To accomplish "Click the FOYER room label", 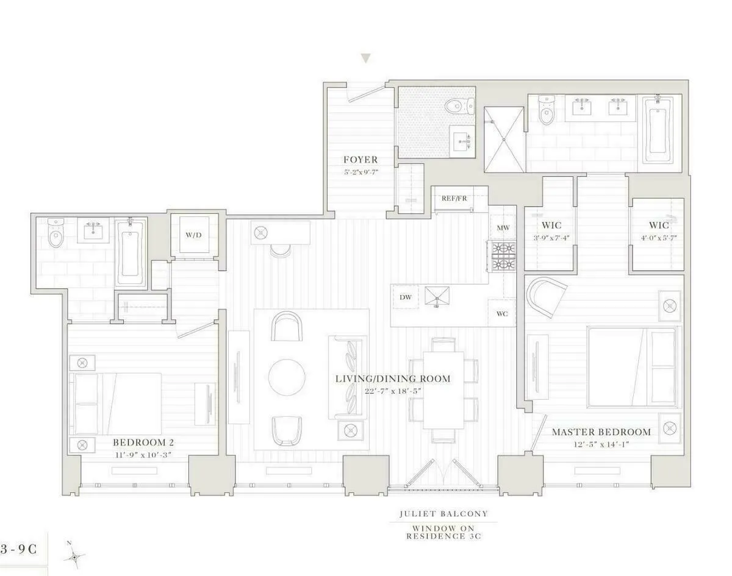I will pyautogui.click(x=360, y=160).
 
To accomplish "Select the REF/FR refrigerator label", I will pyautogui.click(x=454, y=198).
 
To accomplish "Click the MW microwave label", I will pyautogui.click(x=503, y=228).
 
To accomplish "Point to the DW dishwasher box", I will pyautogui.click(x=405, y=297).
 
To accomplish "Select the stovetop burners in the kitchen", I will pyautogui.click(x=504, y=256).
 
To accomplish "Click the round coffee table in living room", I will pyautogui.click(x=287, y=376).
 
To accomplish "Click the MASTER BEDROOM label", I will pyautogui.click(x=601, y=432).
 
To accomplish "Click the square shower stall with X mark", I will pyautogui.click(x=504, y=140).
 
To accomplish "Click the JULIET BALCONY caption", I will pyautogui.click(x=443, y=514).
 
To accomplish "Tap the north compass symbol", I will pyautogui.click(x=74, y=555).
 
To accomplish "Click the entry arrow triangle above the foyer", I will pyautogui.click(x=365, y=59).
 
